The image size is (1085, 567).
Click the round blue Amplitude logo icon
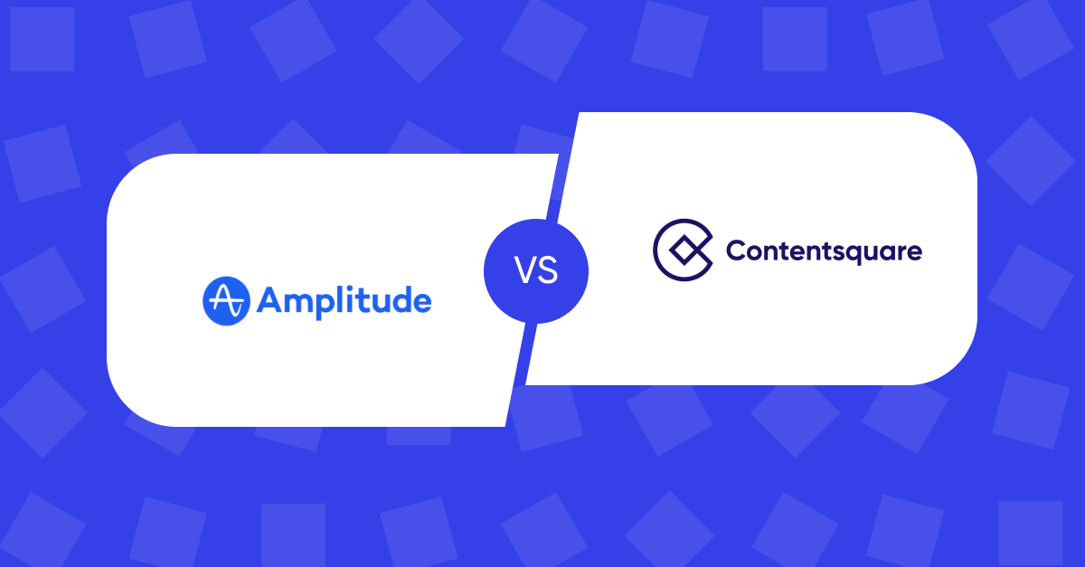[x=226, y=301]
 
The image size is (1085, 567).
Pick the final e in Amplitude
[x=420, y=303]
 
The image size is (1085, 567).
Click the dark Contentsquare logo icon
[x=682, y=249]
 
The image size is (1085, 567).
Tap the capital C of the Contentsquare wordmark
[x=736, y=250]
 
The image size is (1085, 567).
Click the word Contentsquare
[x=824, y=250]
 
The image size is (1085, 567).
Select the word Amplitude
[x=344, y=301]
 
